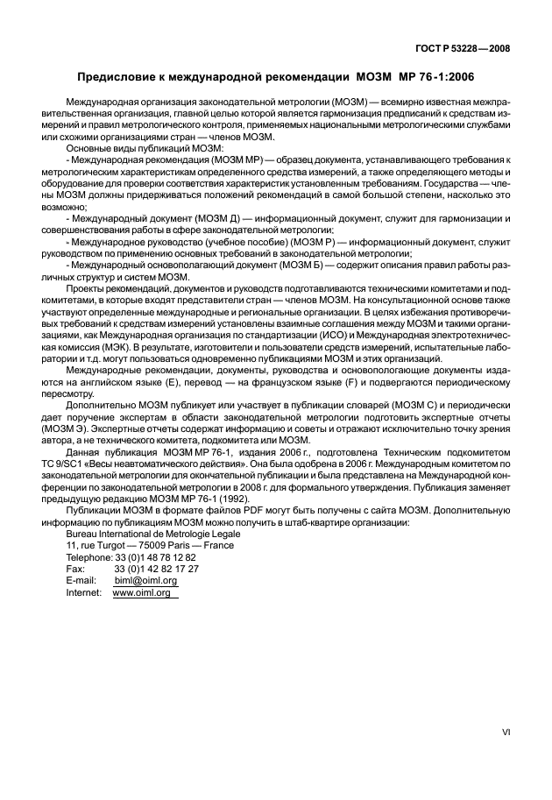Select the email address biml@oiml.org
145,580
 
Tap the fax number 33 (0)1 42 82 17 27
156,568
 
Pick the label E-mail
81,580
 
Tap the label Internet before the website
84,592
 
